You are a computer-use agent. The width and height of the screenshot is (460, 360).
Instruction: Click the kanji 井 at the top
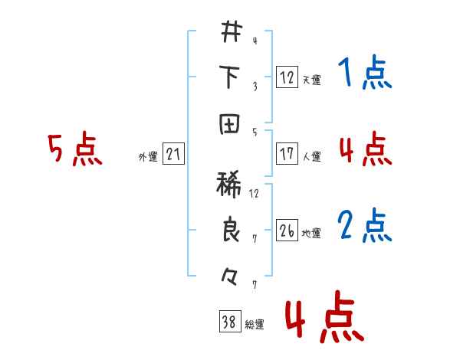pos(231,32)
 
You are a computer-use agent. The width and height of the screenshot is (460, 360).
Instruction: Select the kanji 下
pos(231,77)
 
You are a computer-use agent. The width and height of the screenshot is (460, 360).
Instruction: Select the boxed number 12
pos(286,77)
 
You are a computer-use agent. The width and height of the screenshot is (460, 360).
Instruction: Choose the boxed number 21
pos(173,155)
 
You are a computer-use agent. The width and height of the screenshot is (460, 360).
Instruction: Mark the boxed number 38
pos(228,322)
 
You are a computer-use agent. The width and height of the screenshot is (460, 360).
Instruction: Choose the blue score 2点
pos(364,225)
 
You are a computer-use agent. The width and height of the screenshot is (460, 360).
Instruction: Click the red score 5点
pos(74,149)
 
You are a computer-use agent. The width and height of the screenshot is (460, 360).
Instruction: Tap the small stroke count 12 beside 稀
pos(255,192)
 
